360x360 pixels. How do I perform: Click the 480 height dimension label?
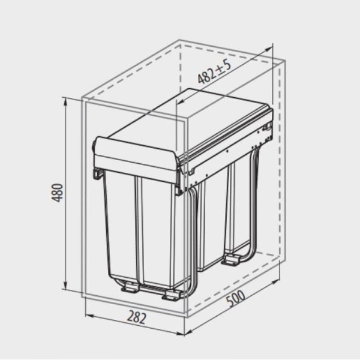coord(57,193)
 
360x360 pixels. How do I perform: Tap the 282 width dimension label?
coord(137,317)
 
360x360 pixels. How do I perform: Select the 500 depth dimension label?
coord(236,298)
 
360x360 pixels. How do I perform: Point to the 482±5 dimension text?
coord(214,72)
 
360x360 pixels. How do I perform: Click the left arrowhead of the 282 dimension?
coord(89,316)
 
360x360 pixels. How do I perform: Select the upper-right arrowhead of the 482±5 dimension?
coord(268,50)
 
